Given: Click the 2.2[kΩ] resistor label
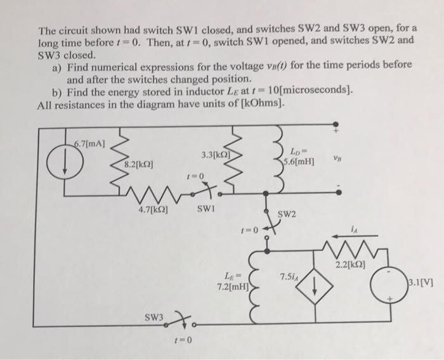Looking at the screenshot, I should [360, 263].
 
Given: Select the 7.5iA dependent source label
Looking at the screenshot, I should [290, 276].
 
